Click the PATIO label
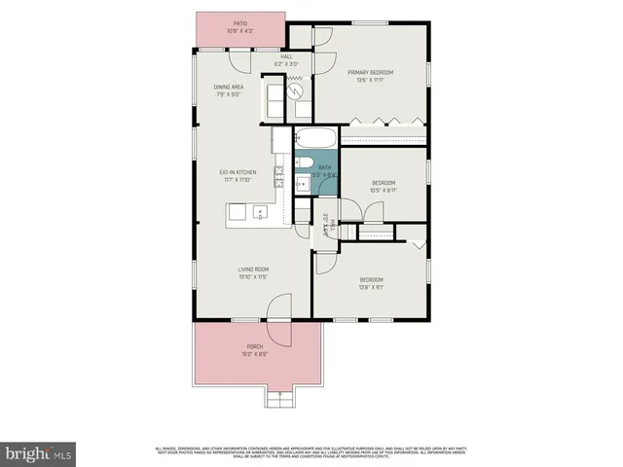(x=238, y=23)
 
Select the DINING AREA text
(x=229, y=87)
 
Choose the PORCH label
(x=254, y=346)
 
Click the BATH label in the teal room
(x=325, y=168)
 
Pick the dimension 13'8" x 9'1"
(x=371, y=287)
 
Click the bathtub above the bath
(x=313, y=136)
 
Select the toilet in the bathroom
(x=303, y=162)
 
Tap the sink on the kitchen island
(x=259, y=211)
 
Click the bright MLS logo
(x=39, y=452)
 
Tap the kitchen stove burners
(x=279, y=177)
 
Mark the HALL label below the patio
(x=287, y=56)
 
